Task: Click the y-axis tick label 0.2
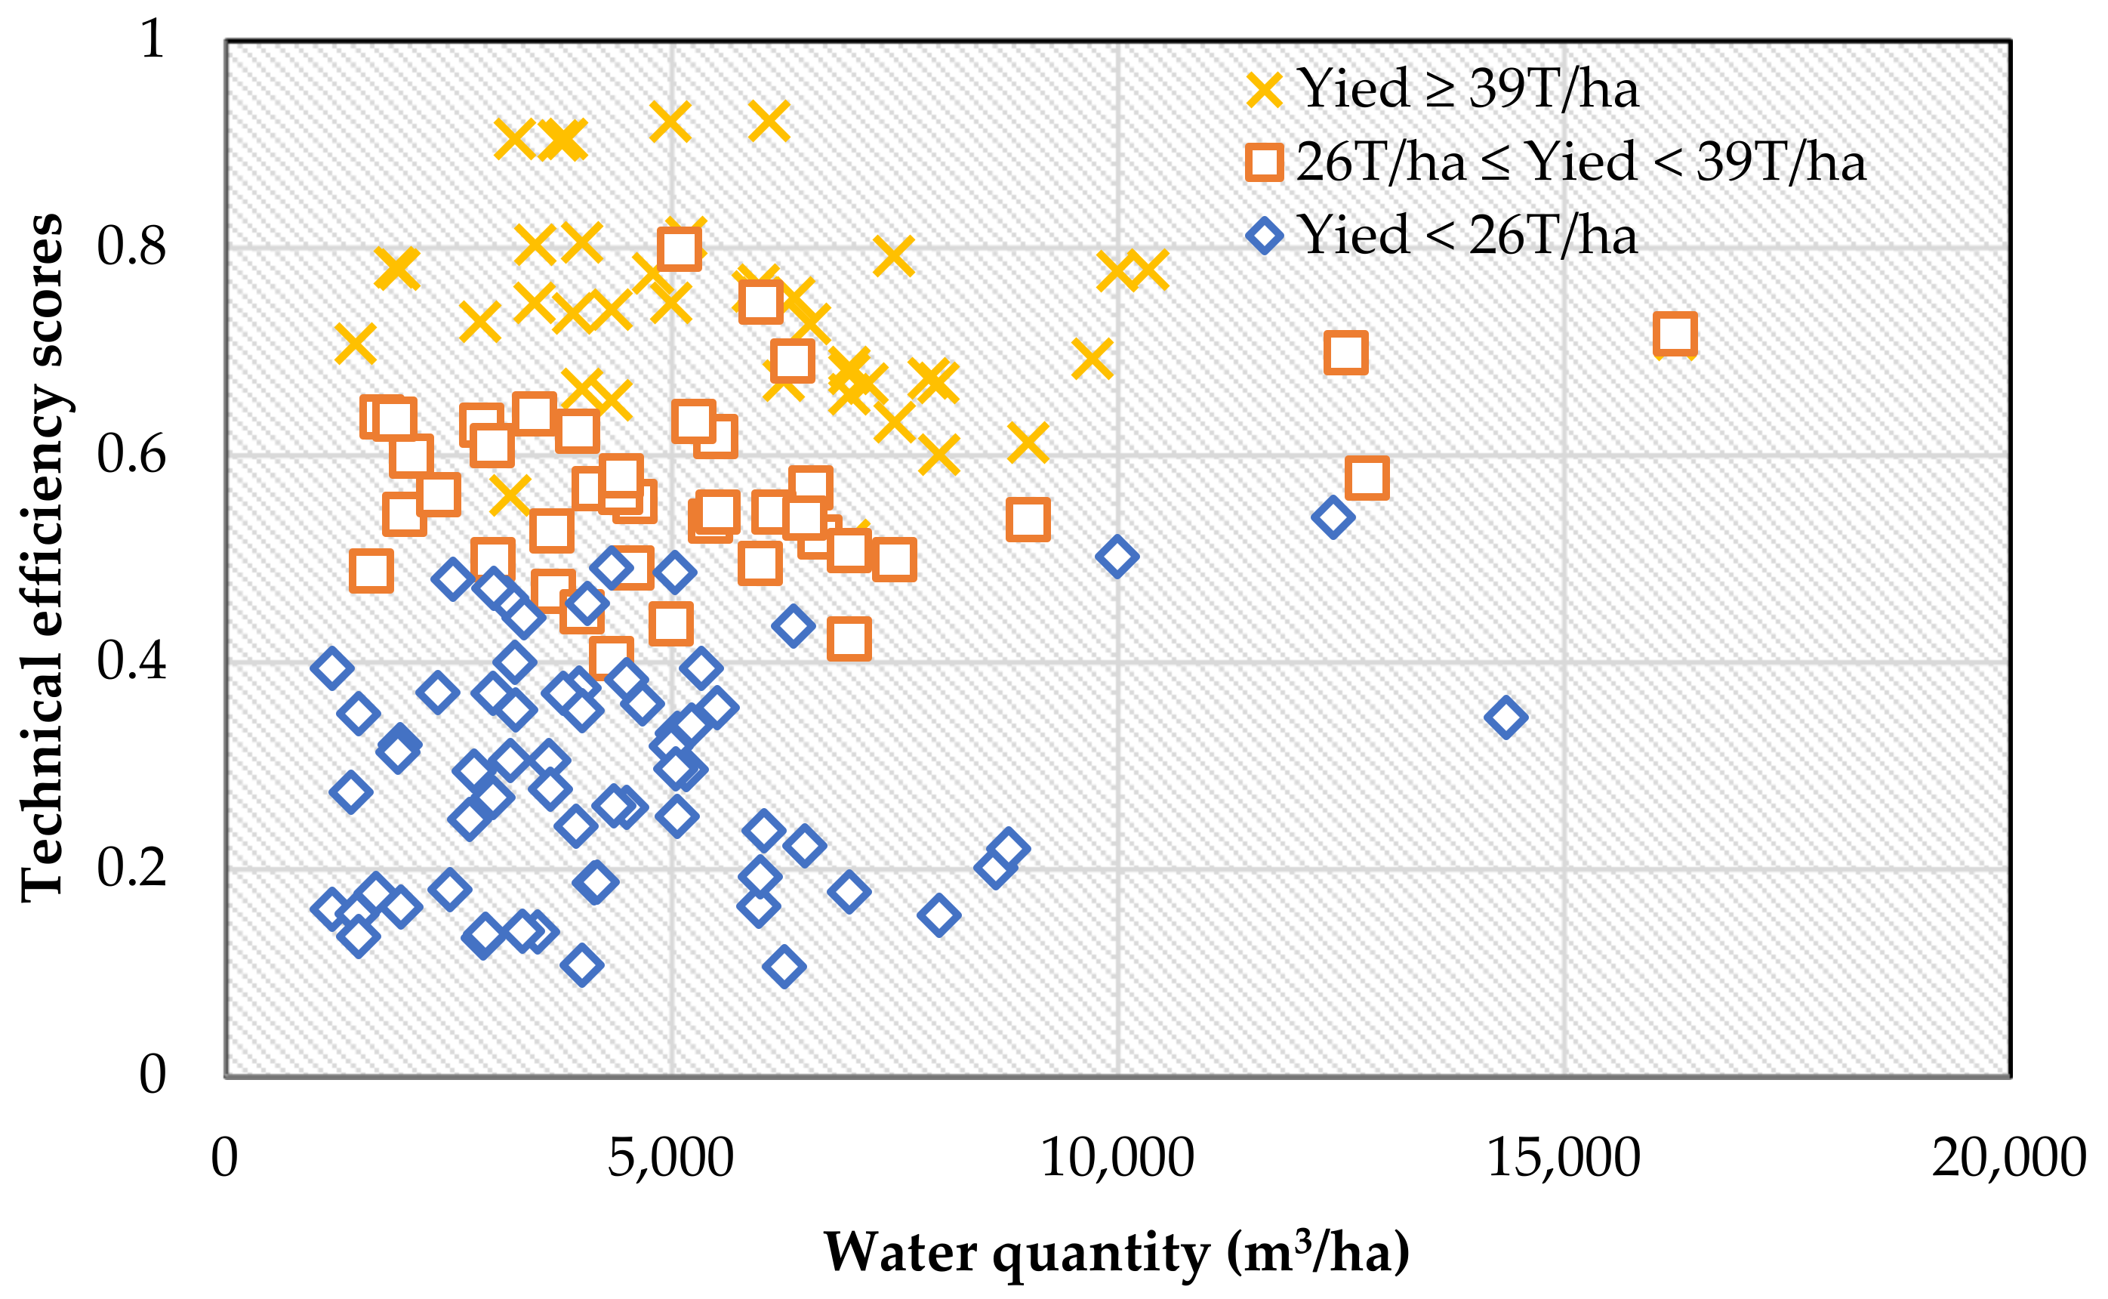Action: click(x=131, y=868)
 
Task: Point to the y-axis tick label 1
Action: click(x=152, y=39)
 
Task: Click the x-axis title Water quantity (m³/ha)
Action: click(x=1116, y=1253)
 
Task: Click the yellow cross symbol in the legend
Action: click(x=1264, y=89)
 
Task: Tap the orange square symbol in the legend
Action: click(x=1264, y=162)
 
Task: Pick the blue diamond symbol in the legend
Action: click(x=1264, y=236)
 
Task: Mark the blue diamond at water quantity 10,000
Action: click(x=1116, y=557)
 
